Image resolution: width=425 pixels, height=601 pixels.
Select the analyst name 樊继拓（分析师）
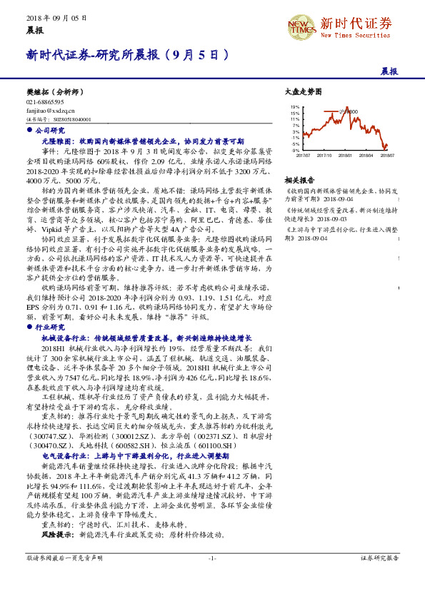click(x=53, y=92)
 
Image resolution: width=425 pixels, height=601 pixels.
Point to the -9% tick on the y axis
click(x=296, y=151)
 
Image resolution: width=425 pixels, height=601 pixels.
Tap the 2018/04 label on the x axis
click(x=366, y=154)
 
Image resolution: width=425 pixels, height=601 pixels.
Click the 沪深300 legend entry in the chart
click(x=349, y=111)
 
